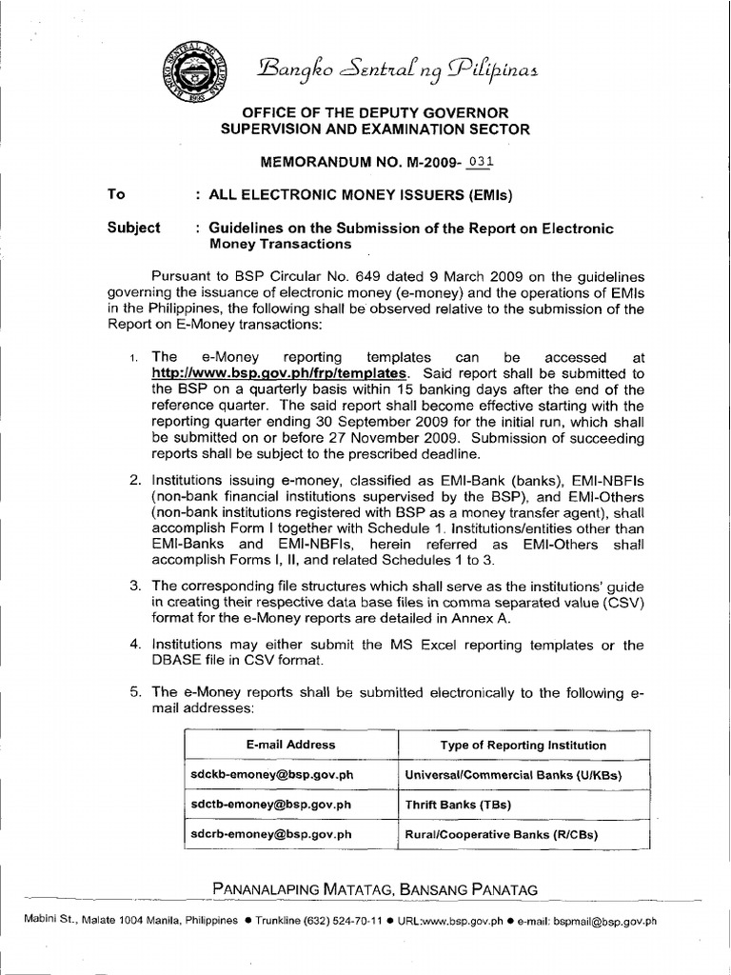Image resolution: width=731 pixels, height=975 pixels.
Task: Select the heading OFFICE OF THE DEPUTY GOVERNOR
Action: (381, 112)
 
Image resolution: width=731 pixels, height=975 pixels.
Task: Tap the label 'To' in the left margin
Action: (117, 194)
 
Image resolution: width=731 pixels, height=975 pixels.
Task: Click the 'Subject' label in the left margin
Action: (134, 228)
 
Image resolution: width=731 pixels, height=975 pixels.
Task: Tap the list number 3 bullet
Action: (135, 582)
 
